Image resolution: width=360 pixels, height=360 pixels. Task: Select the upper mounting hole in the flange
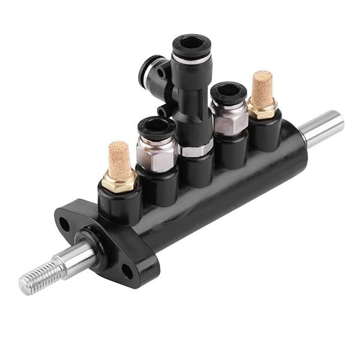(x=64, y=224)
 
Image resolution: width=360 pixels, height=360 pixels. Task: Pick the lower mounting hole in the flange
(x=127, y=271)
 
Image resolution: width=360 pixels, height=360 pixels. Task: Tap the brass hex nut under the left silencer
(x=119, y=181)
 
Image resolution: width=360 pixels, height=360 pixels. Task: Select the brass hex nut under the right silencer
(x=262, y=109)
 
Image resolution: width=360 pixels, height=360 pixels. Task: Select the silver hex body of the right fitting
(x=230, y=120)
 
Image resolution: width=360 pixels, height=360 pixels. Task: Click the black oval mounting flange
(x=105, y=240)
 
